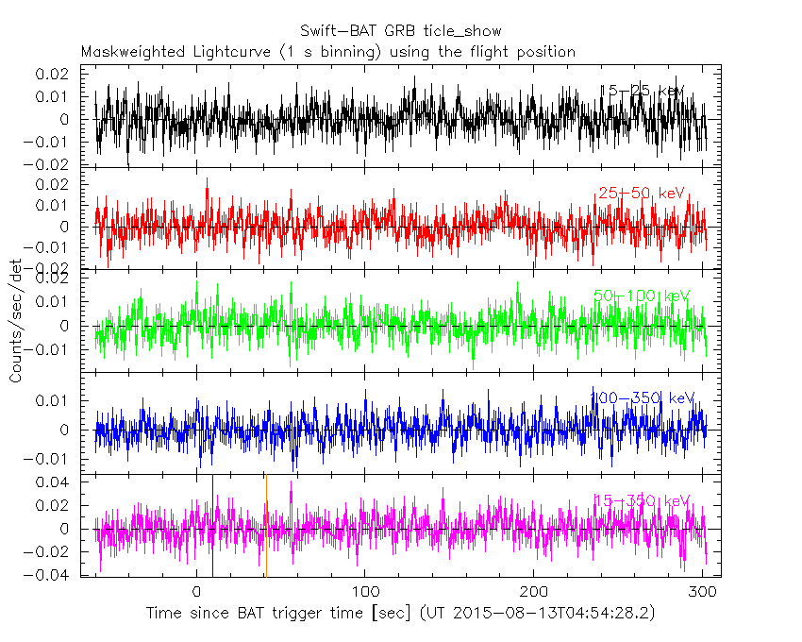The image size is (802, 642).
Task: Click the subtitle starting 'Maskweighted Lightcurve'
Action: (327, 52)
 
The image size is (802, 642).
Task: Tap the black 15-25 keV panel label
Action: (643, 90)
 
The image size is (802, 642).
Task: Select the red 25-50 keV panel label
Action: (641, 194)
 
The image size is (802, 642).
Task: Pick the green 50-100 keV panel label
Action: (642, 296)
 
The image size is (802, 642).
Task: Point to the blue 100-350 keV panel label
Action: (642, 397)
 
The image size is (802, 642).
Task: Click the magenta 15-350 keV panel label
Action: (642, 500)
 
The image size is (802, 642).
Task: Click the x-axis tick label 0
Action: (196, 591)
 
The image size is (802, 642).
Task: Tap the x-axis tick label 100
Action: (364, 591)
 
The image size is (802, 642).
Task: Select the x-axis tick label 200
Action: (533, 591)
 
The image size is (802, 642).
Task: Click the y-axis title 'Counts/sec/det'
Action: (17, 321)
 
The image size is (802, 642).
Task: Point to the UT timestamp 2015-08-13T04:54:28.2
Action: (556, 614)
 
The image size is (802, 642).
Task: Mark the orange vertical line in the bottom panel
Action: (266, 525)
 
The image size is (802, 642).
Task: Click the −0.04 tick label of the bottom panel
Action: (51, 575)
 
